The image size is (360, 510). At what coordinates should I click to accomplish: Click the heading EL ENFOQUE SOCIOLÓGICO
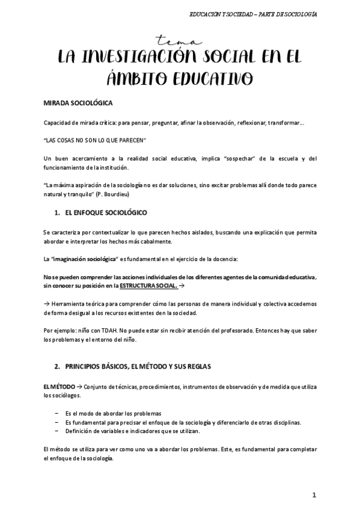point(105,212)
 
